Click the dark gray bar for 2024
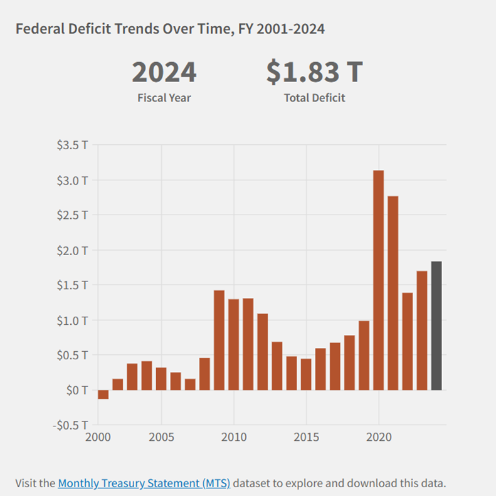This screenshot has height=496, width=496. point(436,325)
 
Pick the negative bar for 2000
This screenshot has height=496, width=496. point(103,394)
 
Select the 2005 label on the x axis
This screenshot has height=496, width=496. point(161,436)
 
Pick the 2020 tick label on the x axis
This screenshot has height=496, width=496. point(378,436)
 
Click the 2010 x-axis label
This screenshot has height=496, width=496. point(233,436)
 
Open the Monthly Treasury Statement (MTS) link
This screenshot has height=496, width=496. point(144,483)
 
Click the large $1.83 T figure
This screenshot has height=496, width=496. point(314,73)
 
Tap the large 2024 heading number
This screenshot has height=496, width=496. point(164,73)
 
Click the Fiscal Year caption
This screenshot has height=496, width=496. point(164,98)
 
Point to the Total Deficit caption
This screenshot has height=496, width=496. point(314,98)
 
